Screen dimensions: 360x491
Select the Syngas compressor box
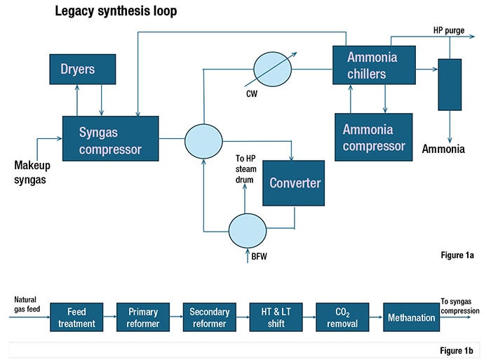(110, 139)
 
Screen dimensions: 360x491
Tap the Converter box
(295, 182)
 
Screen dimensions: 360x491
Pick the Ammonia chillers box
(381, 66)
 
